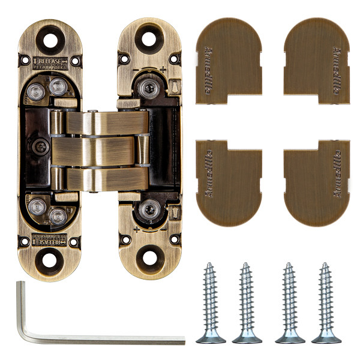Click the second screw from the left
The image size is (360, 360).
click(247, 304)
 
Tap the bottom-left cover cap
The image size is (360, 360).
click(229, 183)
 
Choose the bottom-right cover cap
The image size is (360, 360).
click(317, 183)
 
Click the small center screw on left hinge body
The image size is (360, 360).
click(41, 146)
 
